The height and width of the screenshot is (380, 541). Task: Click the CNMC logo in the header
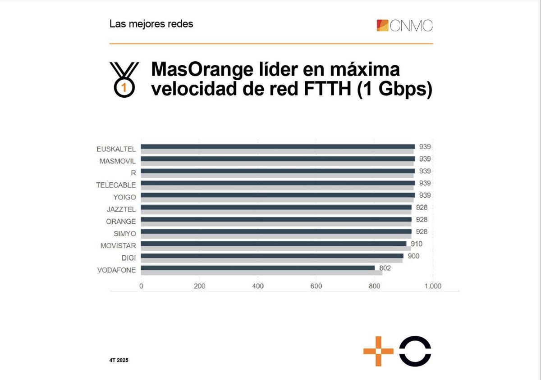click(x=404, y=25)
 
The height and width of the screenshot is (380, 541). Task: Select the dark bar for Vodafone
click(x=258, y=268)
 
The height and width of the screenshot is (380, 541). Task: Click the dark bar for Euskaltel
click(x=278, y=146)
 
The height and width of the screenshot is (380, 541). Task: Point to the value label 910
click(x=417, y=244)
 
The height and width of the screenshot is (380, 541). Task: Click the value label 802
click(x=385, y=268)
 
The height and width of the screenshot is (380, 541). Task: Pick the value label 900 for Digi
click(x=413, y=256)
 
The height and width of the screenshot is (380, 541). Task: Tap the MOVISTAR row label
click(x=118, y=246)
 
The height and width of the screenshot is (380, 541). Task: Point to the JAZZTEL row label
click(x=121, y=209)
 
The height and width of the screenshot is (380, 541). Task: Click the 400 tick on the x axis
click(x=258, y=286)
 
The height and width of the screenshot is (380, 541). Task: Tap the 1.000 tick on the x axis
click(x=433, y=286)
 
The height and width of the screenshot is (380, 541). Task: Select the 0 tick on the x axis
click(x=141, y=286)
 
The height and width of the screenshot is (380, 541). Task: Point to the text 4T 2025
click(x=119, y=361)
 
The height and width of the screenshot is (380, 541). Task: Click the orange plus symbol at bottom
click(x=378, y=351)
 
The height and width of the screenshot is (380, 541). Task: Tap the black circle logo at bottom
click(x=415, y=351)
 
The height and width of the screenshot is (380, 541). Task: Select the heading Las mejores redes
click(x=151, y=24)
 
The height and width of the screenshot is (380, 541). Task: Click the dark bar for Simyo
click(x=276, y=231)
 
